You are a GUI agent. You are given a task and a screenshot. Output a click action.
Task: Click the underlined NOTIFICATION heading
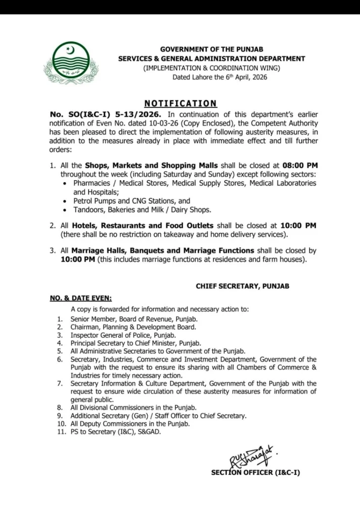click(x=180, y=103)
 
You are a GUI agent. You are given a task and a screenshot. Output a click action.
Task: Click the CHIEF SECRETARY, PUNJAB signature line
click(x=243, y=286)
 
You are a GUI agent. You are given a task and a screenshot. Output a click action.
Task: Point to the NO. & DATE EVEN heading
click(x=81, y=298)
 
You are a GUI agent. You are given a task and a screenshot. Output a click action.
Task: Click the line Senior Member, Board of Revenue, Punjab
click(x=134, y=319)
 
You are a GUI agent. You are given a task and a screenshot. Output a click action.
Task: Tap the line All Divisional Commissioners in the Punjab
click(x=133, y=407)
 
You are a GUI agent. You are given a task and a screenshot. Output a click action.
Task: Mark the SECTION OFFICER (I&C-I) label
click(x=255, y=473)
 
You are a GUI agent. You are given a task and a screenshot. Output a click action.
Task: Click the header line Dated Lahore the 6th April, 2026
click(x=219, y=77)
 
